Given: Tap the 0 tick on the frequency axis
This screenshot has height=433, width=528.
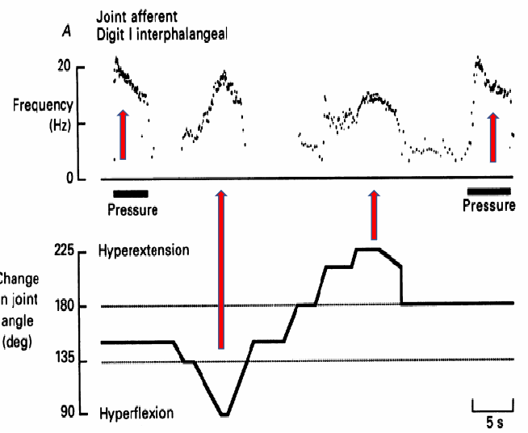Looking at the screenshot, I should (x=71, y=179).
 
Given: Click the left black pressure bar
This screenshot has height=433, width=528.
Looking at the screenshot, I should (x=131, y=193).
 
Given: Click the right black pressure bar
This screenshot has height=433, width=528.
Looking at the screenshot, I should (x=489, y=191).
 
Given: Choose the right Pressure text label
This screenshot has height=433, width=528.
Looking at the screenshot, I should (x=489, y=205).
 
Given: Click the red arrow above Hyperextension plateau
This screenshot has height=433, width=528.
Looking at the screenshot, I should (x=374, y=215).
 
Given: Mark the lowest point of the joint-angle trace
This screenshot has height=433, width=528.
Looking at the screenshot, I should (x=225, y=414).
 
